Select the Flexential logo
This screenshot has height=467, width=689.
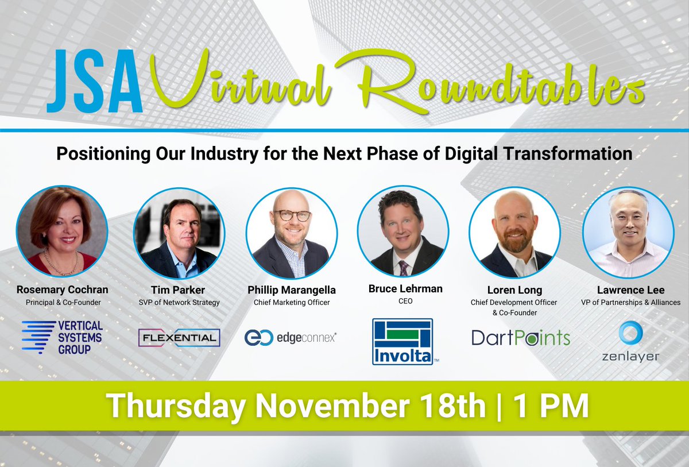179,338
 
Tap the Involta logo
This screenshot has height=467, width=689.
402,342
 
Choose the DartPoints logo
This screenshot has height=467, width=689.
521,338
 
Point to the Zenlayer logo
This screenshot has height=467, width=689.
631,341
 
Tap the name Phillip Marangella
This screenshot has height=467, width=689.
291,289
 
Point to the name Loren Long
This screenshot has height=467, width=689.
514,289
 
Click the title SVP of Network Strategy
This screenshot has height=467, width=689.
179,302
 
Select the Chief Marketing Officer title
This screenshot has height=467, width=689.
291,302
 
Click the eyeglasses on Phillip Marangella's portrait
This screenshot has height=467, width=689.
292,216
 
